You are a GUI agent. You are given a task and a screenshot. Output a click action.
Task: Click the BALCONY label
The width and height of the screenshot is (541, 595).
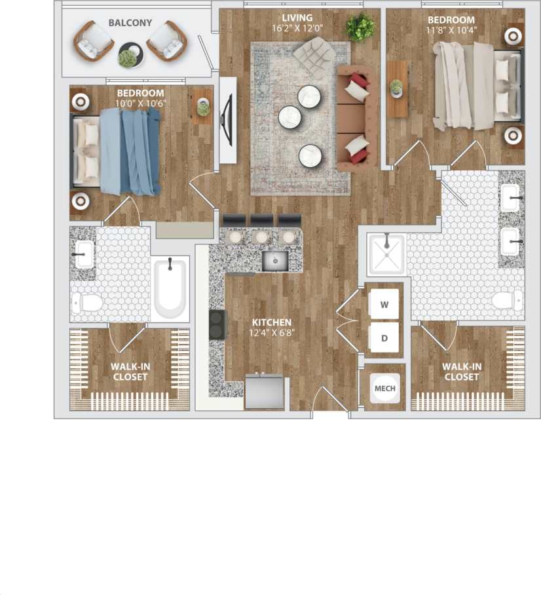(x=130, y=23)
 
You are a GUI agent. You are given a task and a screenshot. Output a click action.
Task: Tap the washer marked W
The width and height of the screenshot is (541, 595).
(x=384, y=304)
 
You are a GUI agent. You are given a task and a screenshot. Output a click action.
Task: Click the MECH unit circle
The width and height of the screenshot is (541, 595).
(x=384, y=389)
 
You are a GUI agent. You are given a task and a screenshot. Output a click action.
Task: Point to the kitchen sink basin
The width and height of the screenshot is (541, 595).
(x=275, y=260)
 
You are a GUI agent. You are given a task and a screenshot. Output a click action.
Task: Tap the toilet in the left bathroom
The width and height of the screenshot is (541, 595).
(x=87, y=302)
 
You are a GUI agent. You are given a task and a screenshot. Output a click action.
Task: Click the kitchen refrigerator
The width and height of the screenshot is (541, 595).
(x=265, y=392)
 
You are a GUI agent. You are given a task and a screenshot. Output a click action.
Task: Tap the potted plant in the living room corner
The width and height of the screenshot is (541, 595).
(x=361, y=28)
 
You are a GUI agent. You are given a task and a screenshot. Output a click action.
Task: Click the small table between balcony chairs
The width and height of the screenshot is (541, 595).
(x=129, y=55)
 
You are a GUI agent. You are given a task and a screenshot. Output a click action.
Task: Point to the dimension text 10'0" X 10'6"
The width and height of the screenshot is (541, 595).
(x=141, y=104)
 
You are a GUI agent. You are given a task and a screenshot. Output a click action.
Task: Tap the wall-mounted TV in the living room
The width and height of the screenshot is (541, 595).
(x=228, y=120)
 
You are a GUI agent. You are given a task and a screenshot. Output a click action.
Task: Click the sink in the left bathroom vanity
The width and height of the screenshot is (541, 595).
(x=84, y=254)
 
